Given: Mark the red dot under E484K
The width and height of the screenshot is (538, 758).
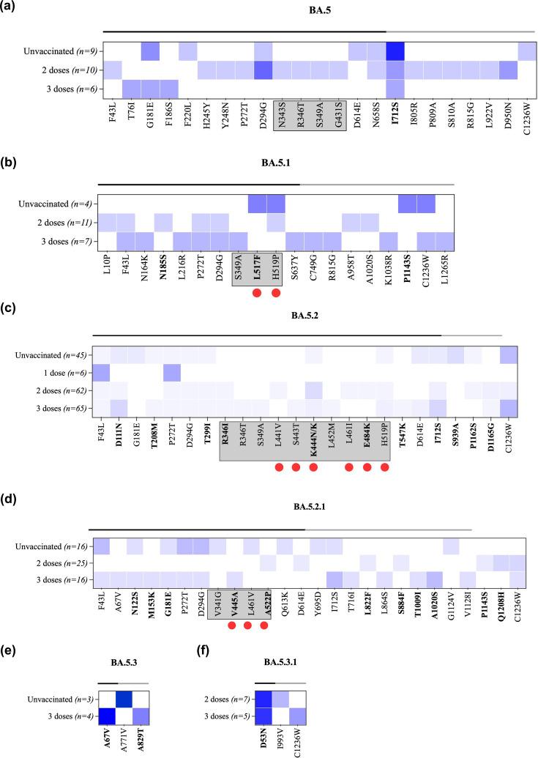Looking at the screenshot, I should click(x=367, y=467).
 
